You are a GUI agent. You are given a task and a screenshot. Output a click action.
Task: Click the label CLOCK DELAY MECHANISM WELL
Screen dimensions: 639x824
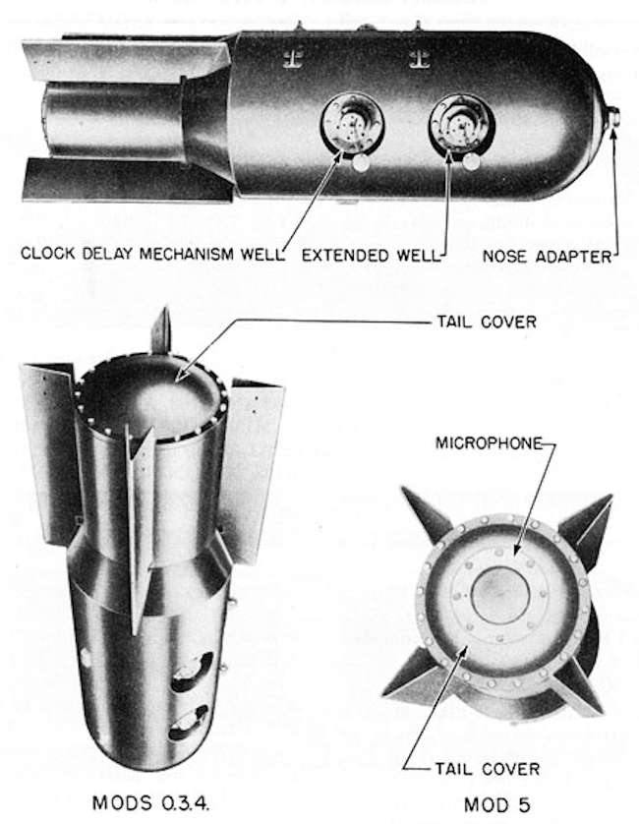click(152, 254)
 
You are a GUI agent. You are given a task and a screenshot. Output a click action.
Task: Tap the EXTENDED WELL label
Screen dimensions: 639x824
click(371, 256)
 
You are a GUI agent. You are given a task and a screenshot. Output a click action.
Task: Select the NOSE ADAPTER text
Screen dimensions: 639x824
click(547, 257)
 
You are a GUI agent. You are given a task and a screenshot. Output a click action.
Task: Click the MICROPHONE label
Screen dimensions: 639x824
click(489, 443)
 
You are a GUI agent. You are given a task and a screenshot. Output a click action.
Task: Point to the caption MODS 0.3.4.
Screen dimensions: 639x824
click(150, 802)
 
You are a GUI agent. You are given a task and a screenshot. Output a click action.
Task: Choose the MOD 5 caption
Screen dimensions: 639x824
click(496, 804)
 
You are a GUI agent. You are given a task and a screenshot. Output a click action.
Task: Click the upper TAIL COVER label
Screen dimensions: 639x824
click(487, 322)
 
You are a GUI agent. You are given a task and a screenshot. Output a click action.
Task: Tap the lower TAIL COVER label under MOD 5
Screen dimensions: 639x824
click(488, 769)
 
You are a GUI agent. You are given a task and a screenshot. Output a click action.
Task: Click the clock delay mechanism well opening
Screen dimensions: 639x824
click(352, 125)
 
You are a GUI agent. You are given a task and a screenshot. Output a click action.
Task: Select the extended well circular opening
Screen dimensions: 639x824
click(461, 125)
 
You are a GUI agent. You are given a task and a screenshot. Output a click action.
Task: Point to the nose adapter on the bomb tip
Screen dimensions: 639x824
click(612, 116)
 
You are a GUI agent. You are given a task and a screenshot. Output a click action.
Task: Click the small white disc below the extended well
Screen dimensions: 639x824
click(470, 163)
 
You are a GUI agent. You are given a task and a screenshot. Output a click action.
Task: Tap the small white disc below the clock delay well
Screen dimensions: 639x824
click(361, 163)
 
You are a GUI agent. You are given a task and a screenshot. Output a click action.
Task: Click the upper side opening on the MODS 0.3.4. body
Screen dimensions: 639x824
click(193, 668)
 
